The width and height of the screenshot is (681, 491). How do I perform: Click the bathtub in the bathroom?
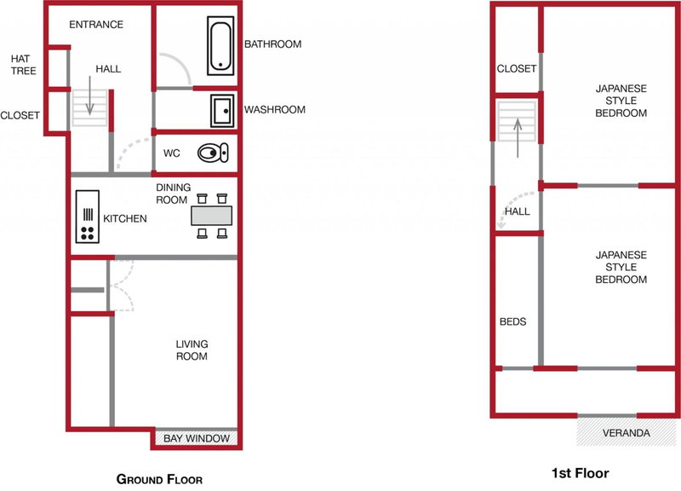(x=220, y=46)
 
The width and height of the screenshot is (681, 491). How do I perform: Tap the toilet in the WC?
(x=213, y=153)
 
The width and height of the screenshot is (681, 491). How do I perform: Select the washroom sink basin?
(x=222, y=111)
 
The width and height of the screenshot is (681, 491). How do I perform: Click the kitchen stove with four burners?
(x=88, y=217)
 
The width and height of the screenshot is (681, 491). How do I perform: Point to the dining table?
(x=211, y=216)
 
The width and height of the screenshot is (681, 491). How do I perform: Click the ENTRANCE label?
(x=96, y=25)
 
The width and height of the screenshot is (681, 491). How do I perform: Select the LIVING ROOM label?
(x=192, y=350)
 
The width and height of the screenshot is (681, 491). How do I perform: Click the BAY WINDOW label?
(x=197, y=438)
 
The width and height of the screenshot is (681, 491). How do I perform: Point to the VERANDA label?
(x=626, y=433)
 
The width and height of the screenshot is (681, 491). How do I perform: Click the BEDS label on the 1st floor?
(x=513, y=321)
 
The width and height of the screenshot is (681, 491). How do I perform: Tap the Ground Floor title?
(x=159, y=479)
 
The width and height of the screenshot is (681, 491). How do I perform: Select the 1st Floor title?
(x=581, y=473)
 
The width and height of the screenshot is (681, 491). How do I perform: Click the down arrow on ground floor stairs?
(x=89, y=95)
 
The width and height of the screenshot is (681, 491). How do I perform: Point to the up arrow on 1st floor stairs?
(x=518, y=138)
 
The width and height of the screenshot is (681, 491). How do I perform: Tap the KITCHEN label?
(x=124, y=218)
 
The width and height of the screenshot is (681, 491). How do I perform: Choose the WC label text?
(x=172, y=153)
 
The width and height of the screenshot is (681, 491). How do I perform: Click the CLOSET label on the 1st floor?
(x=517, y=69)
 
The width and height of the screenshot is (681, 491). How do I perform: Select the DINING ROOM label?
(x=174, y=194)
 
